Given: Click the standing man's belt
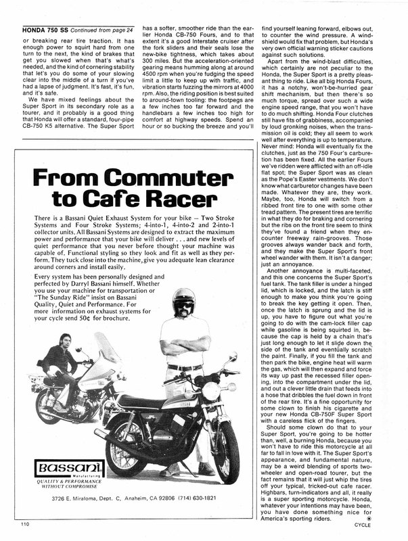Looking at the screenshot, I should [184, 367].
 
